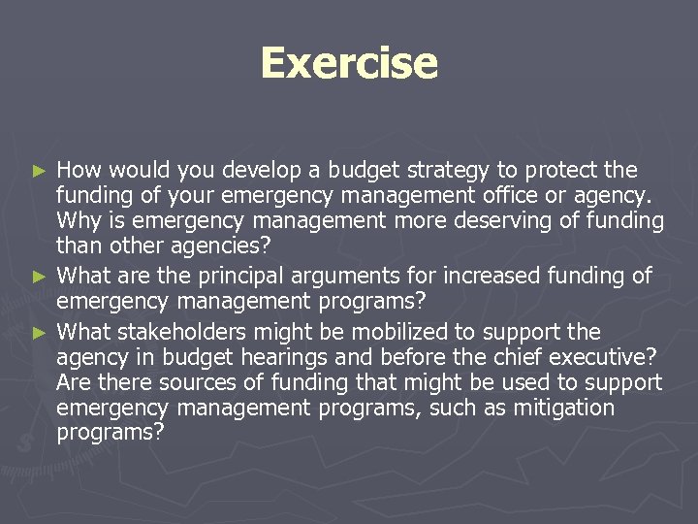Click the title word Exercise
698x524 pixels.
pyautogui.click(x=349, y=63)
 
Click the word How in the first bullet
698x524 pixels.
pyautogui.click(x=79, y=171)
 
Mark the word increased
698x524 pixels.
pyautogui.click(x=470, y=278)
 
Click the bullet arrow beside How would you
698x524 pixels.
pyautogui.click(x=40, y=171)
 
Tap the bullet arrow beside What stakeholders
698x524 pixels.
pyautogui.click(x=40, y=332)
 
